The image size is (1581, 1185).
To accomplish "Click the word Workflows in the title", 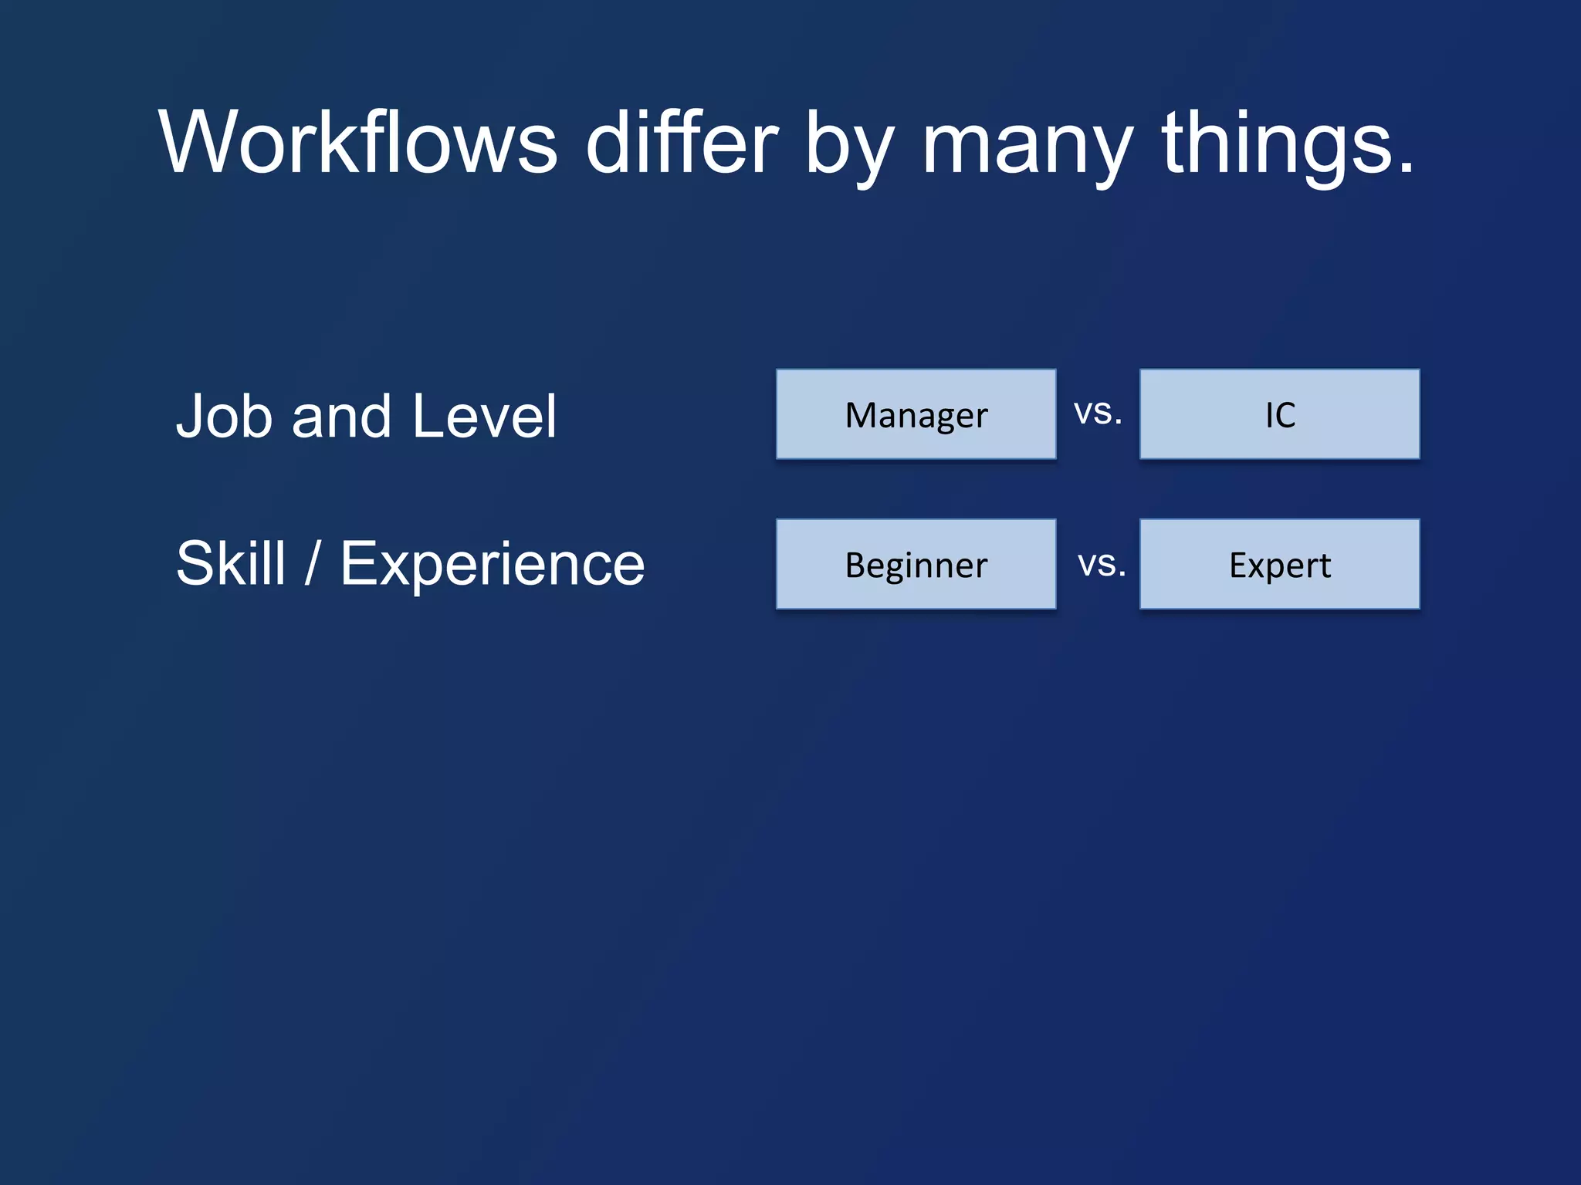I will pos(357,143).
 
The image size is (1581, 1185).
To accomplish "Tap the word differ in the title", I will pos(682,143).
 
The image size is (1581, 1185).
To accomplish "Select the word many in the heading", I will pos(1027,147).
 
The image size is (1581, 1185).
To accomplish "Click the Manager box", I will pos(916,414).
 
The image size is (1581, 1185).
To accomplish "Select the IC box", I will pos(1279,414).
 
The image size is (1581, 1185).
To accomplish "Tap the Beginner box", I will pos(916,564).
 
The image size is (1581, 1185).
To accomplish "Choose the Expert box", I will pos(1279,564).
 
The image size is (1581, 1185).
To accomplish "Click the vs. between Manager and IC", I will pos(1097,413).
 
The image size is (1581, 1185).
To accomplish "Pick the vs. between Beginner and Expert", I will pos(1101,565).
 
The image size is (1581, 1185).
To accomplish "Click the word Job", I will pos(225,417).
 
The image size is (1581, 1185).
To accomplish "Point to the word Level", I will pos(484,417).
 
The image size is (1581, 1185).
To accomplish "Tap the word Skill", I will pos(231,564).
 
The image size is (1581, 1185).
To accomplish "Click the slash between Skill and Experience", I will pos(312,564).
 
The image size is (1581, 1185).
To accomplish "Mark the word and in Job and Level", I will pos(341,417).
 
